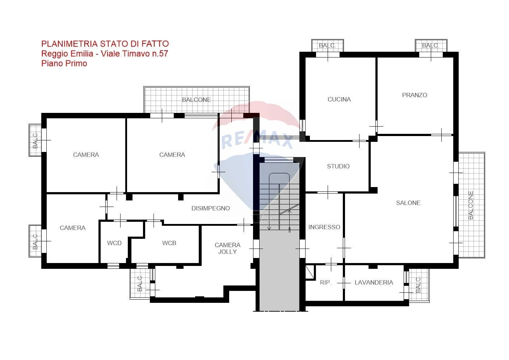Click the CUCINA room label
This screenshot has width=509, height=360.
339,99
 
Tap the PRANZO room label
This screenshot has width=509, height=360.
415,95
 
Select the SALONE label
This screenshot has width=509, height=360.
408,203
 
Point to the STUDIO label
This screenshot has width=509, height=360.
338,166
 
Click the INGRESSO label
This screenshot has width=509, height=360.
324,227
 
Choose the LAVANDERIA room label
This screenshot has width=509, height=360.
374,282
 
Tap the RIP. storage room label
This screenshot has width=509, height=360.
325,282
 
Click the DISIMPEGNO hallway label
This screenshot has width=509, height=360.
210,208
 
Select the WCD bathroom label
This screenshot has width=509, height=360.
114,243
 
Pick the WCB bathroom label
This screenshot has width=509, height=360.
169,243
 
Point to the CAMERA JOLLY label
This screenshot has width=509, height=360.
227,248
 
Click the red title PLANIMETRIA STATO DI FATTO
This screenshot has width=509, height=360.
105,44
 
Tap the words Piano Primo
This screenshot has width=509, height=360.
64,63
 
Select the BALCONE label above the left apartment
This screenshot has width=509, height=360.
196,99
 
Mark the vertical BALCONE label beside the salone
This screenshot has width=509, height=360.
471,205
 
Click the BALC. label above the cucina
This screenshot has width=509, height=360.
327,46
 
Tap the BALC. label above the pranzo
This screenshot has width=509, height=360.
430,46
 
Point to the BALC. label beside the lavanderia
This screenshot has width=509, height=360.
418,284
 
